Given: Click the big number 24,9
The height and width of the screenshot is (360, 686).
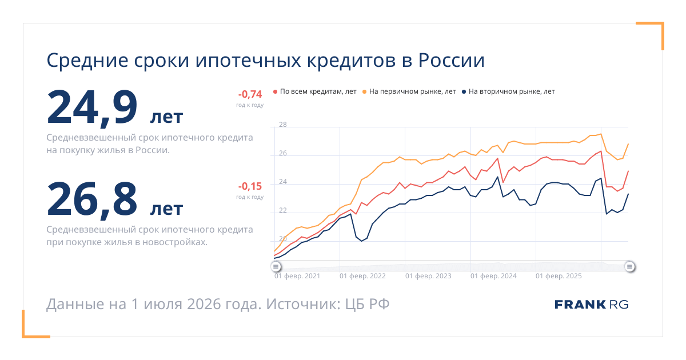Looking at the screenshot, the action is point(92,107).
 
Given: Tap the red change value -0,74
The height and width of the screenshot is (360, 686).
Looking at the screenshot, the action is point(250,94).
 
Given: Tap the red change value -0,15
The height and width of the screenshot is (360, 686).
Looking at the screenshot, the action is point(250,186).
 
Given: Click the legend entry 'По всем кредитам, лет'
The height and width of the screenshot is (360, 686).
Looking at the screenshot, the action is point(315,91).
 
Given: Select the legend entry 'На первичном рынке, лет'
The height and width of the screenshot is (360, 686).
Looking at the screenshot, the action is point(409,91).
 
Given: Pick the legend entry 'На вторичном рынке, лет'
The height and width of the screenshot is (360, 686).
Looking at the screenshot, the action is point(508,91).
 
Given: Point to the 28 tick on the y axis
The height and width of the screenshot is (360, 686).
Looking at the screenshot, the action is point(283,125).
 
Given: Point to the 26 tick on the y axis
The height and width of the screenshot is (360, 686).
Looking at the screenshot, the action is point(283,153).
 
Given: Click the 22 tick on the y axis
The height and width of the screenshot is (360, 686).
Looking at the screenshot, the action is point(283,210).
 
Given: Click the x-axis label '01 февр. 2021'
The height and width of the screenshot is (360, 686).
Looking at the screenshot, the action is point(297,276).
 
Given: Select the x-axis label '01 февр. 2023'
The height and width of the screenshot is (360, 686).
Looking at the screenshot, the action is point(428,276).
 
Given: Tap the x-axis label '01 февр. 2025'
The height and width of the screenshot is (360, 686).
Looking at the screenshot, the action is point(559,276).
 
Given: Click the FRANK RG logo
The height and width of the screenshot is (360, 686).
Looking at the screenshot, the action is point(592,305).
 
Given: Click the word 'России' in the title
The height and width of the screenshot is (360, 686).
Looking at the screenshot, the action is point(451,61).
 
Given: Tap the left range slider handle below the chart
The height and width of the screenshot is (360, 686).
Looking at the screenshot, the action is point(276,267).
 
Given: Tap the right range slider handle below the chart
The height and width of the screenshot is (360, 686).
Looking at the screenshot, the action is point(629,267).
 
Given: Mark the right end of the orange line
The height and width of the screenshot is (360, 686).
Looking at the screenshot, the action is point(628,143).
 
